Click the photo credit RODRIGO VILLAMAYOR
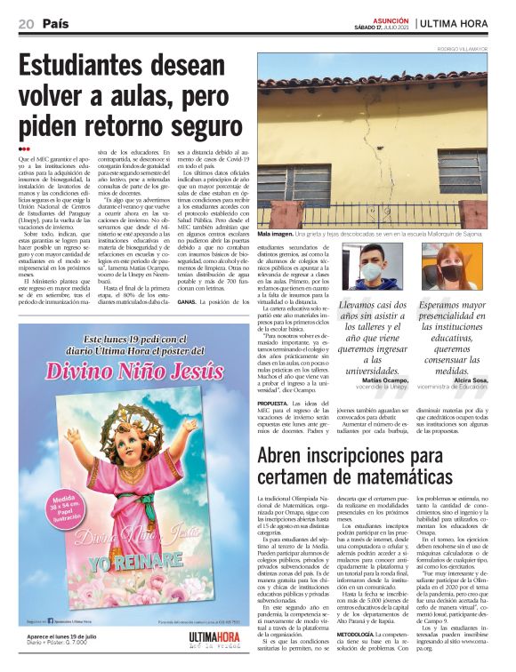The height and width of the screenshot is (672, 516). coord(475,49)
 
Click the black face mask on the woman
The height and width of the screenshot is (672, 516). coord(451,274)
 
